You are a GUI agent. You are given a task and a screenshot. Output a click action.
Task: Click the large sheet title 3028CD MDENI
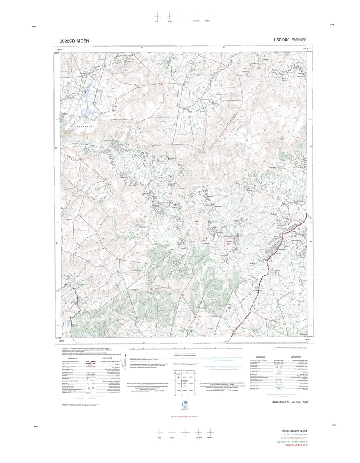pos(75,41)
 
